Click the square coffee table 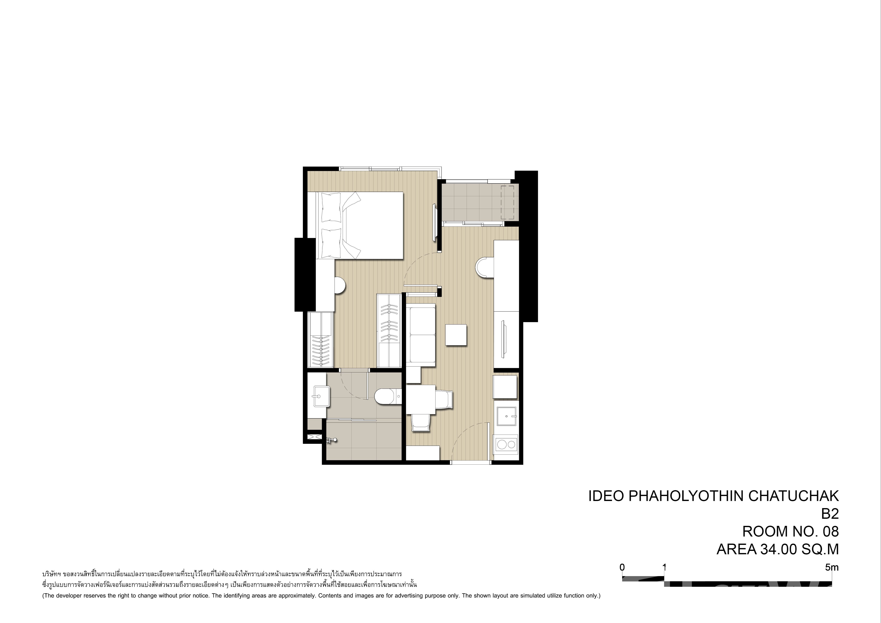pyautogui.click(x=456, y=335)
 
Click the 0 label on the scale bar pyautogui.click(x=622, y=567)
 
